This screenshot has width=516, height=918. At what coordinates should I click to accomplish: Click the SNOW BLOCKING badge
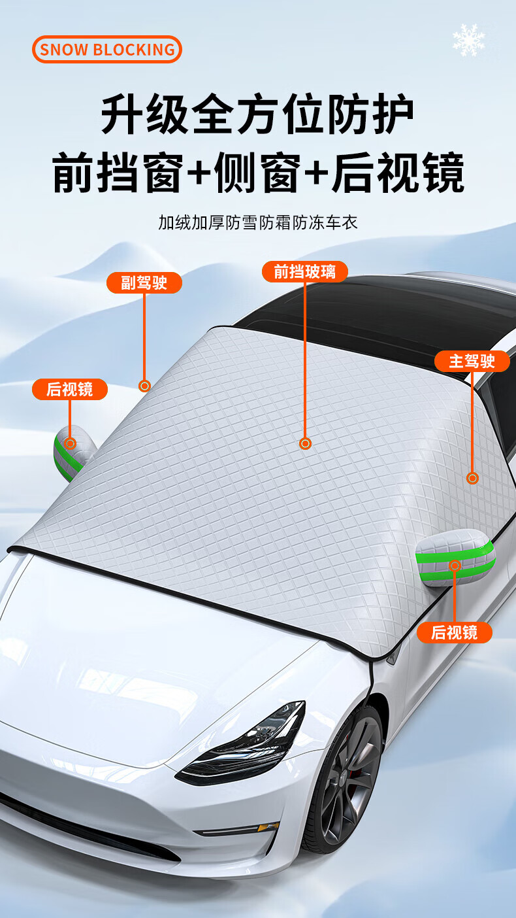click(x=107, y=49)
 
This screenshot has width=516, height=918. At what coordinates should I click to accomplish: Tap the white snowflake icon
click(x=469, y=40)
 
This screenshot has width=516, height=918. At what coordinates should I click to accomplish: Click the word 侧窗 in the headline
click(x=257, y=173)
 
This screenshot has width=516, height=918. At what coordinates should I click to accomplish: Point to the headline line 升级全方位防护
click(x=257, y=116)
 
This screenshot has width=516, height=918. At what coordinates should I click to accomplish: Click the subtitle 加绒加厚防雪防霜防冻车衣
click(x=258, y=222)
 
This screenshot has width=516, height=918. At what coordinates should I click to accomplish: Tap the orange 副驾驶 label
click(x=144, y=282)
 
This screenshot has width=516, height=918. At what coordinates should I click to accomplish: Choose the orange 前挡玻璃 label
click(x=304, y=271)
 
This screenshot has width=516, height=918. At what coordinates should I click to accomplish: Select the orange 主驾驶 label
click(x=472, y=360)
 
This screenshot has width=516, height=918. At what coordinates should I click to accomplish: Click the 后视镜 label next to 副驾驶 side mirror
click(x=69, y=390)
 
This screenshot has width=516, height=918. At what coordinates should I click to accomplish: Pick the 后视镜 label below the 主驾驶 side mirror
click(x=454, y=632)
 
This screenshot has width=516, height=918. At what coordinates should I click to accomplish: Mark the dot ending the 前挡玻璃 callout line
click(x=305, y=444)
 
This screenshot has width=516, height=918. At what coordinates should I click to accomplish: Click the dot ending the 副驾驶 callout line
click(x=145, y=386)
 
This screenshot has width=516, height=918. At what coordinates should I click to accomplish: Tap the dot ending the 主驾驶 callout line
click(x=473, y=478)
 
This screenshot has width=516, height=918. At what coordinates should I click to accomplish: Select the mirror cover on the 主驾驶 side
click(x=456, y=561)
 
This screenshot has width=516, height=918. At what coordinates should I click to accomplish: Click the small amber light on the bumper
click(x=267, y=827)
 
